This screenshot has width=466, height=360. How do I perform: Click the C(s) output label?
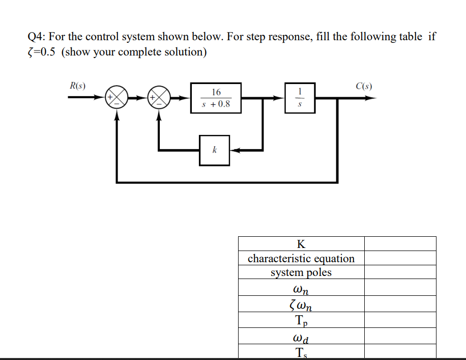click(364, 86)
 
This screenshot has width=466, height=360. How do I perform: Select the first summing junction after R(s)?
click(116, 98)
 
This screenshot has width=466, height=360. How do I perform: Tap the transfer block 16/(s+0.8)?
click(216, 98)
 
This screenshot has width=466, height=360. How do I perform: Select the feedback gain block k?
click(214, 150)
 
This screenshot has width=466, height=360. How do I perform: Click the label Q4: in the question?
click(38, 37)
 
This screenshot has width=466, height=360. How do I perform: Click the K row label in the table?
click(301, 243)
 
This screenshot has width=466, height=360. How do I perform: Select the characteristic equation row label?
click(301, 258)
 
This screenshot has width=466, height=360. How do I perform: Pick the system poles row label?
click(301, 272)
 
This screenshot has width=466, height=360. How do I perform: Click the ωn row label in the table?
click(301, 288)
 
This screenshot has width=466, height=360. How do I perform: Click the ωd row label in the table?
click(301, 337)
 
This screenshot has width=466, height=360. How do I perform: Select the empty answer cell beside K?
click(400, 243)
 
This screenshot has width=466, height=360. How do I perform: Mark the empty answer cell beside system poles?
click(400, 272)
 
